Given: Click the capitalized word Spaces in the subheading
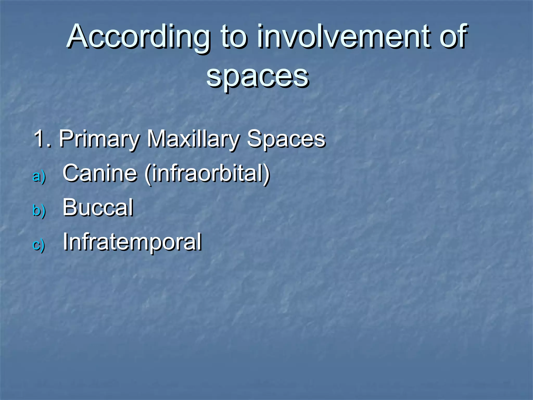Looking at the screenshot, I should [x=286, y=139].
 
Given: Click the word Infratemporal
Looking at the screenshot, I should [x=132, y=242].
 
